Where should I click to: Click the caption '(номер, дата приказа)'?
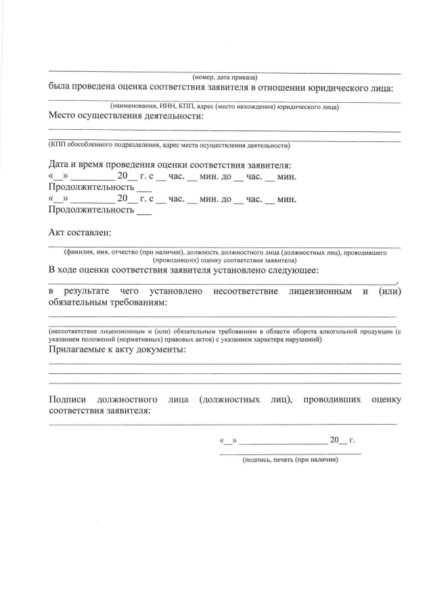click(225, 77)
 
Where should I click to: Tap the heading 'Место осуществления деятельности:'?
click(126, 116)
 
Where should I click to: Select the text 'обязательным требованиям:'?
click(108, 302)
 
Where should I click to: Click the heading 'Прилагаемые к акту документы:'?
click(117, 350)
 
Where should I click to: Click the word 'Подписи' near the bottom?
click(68, 400)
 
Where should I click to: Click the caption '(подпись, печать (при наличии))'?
click(290, 460)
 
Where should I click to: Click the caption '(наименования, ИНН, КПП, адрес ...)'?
click(225, 106)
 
